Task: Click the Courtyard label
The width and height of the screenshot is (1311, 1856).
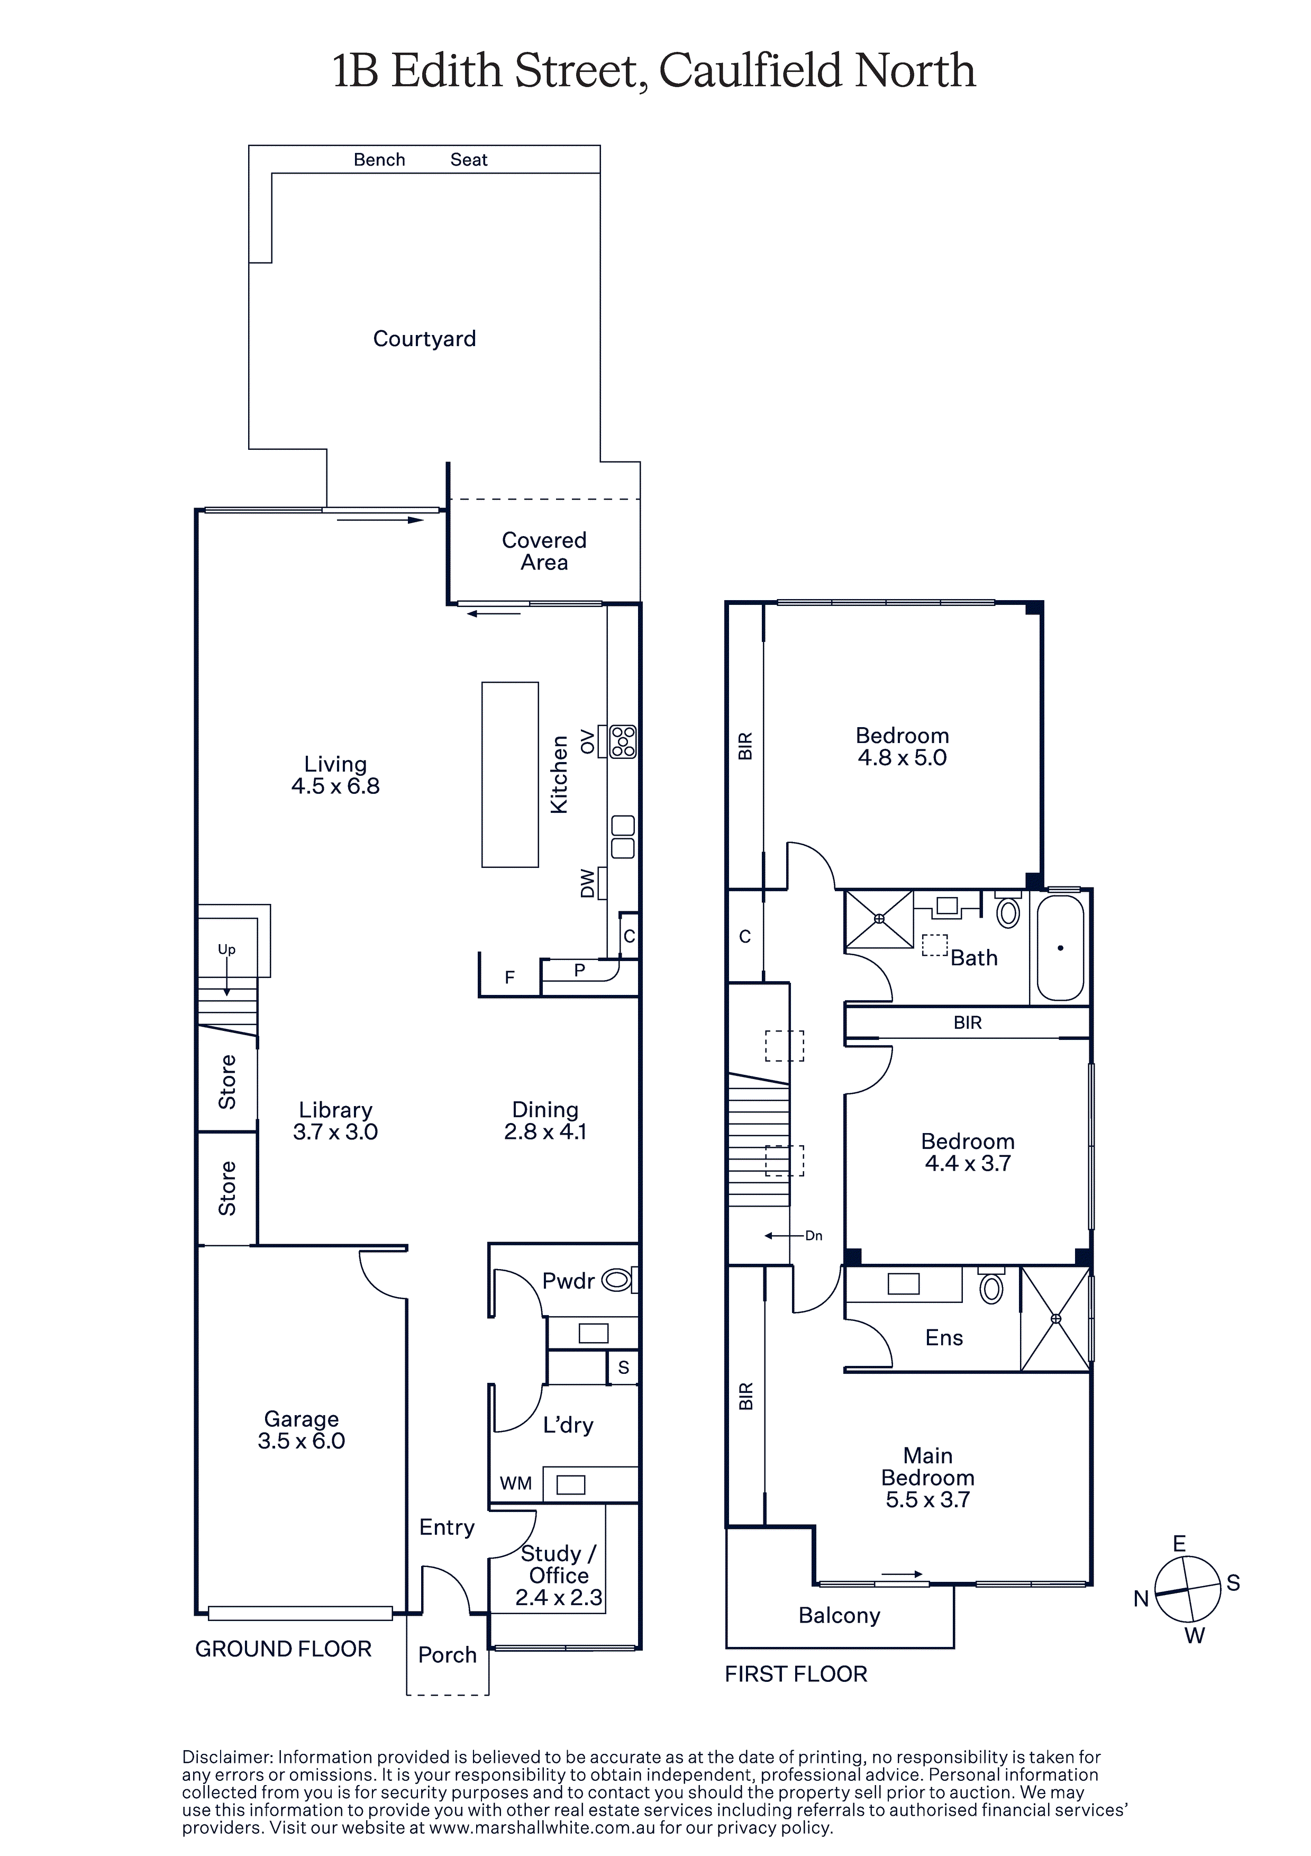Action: click(424, 339)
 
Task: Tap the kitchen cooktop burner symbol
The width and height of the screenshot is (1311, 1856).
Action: click(623, 741)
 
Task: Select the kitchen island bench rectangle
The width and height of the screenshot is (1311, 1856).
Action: click(510, 774)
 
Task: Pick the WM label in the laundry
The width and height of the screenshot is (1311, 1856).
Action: click(516, 1483)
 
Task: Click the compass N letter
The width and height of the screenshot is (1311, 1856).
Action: click(1141, 1598)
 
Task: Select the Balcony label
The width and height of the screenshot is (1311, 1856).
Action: click(839, 1615)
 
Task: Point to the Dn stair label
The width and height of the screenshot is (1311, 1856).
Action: click(814, 1235)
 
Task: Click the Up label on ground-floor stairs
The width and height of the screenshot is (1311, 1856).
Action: click(226, 950)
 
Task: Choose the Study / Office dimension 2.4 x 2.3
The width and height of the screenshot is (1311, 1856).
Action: click(559, 1597)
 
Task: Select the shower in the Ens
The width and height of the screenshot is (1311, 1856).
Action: click(1055, 1318)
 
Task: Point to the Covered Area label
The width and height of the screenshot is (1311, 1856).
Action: click(544, 551)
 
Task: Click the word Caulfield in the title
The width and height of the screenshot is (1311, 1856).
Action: click(750, 71)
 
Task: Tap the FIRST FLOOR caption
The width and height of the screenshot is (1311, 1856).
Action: click(796, 1674)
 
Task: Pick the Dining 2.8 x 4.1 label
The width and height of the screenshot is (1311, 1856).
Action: click(545, 1120)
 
